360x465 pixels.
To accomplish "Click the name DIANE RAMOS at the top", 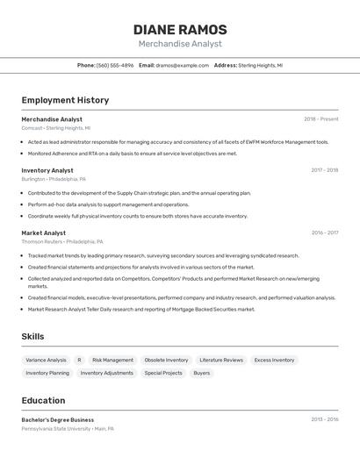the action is click(x=180, y=29).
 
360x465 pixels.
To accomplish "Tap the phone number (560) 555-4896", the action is click(x=115, y=65).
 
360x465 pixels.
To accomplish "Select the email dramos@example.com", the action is click(x=182, y=65).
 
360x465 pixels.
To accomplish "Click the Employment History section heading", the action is click(x=65, y=100).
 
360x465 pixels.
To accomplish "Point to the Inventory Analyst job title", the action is click(x=47, y=170).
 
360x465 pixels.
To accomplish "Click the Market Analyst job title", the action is click(x=44, y=232).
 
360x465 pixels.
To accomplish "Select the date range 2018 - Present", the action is click(x=320, y=119).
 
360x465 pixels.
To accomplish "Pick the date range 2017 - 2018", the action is click(x=324, y=170).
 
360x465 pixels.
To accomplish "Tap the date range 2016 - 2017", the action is click(x=324, y=232).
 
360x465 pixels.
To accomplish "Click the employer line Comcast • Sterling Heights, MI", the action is click(x=56, y=127).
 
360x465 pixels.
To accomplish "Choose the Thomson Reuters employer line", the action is click(x=62, y=241).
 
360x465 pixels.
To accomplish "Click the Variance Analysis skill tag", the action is click(x=46, y=360).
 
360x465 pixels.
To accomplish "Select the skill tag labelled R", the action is click(x=79, y=360).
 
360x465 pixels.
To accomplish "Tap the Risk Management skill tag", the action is click(x=113, y=360).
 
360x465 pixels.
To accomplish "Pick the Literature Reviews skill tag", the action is click(x=221, y=360).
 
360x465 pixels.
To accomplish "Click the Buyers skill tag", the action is click(x=202, y=373).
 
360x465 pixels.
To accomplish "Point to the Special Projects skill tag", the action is click(x=163, y=373).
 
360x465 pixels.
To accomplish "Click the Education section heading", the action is click(x=43, y=400).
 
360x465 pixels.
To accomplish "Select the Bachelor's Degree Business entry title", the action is click(x=58, y=419).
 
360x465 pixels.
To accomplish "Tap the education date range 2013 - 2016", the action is click(x=324, y=419).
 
